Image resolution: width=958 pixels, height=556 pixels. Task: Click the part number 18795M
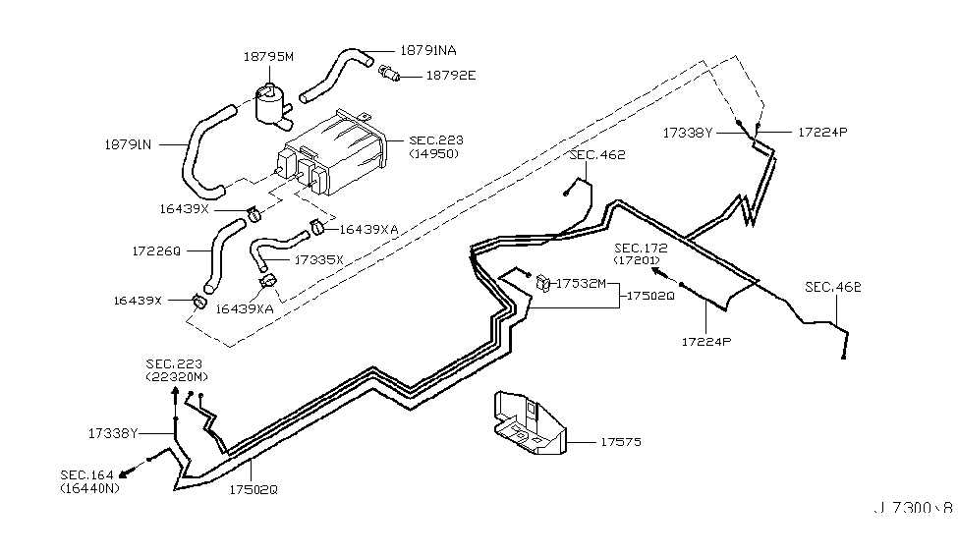268,58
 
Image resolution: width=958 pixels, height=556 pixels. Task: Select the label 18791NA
427,49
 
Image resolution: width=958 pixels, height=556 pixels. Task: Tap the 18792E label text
449,75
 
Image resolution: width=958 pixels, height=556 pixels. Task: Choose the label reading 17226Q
155,251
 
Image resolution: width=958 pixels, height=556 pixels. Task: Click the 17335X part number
318,260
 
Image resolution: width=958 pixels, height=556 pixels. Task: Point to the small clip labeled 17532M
542,285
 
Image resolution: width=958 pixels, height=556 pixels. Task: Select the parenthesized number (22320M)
177,377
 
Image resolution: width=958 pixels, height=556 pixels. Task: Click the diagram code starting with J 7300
914,510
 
